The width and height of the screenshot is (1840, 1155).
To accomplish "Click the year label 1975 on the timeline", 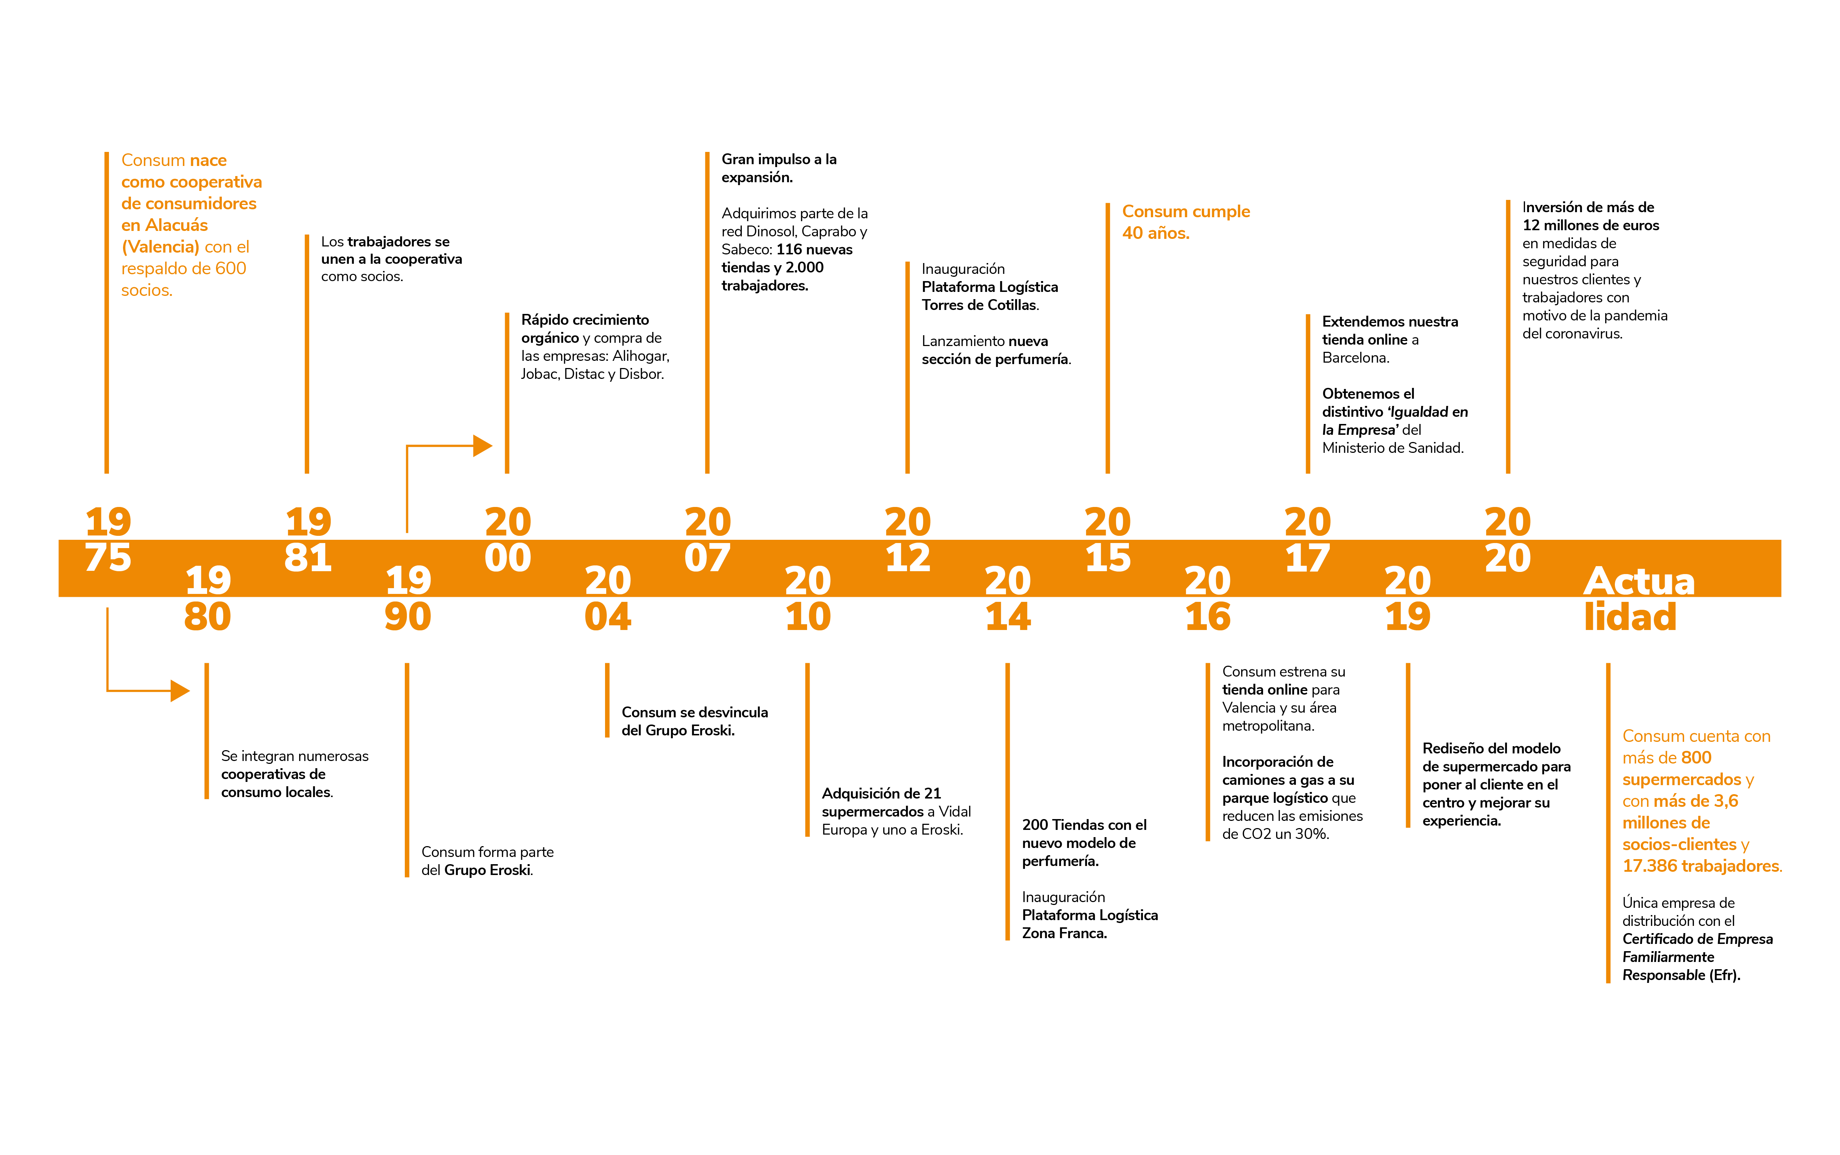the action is [108, 539].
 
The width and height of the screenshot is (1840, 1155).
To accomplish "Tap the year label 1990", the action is [408, 598].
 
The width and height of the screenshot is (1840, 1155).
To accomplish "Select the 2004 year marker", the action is [608, 598].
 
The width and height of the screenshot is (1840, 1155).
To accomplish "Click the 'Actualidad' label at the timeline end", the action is [1639, 598].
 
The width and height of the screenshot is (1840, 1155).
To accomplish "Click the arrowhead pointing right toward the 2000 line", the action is [483, 445].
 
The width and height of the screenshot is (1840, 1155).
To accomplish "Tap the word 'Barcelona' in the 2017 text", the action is [1355, 358].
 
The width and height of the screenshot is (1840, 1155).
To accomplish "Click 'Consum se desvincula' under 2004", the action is [694, 712].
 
